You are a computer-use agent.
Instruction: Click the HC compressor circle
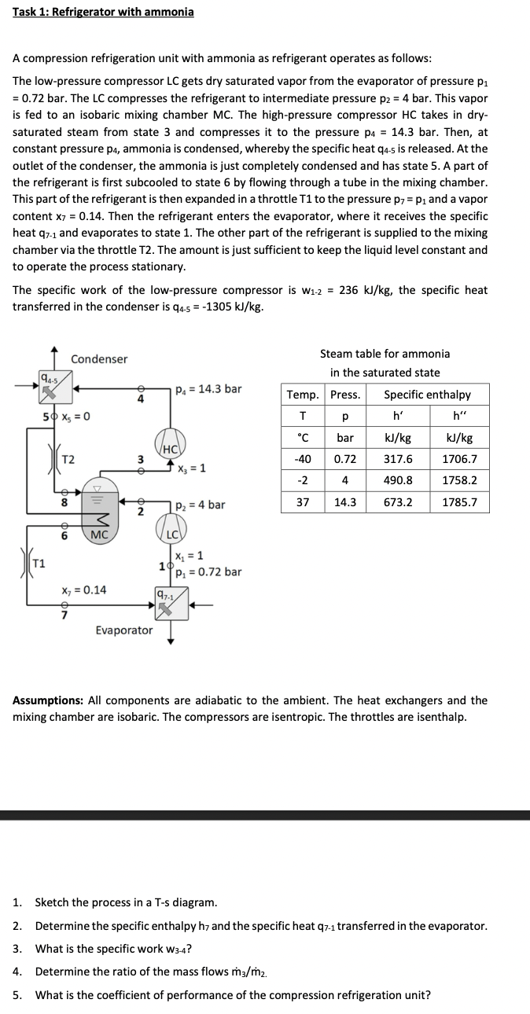pyautogui.click(x=169, y=443)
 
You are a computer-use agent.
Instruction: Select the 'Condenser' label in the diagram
pyautogui.click(x=99, y=359)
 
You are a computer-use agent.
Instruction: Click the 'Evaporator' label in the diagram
pyautogui.click(x=124, y=630)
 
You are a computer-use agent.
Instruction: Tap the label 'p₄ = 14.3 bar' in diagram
pyautogui.click(x=208, y=388)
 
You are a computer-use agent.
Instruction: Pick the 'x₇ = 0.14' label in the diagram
pyautogui.click(x=84, y=590)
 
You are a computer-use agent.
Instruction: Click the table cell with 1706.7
pyautogui.click(x=460, y=459)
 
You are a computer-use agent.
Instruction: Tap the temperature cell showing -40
pyautogui.click(x=303, y=459)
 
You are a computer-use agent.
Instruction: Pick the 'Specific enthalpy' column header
pyautogui.click(x=428, y=395)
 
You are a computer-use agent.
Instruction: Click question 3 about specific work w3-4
pyautogui.click(x=113, y=949)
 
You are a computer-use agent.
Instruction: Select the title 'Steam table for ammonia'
pyautogui.click(x=385, y=354)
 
